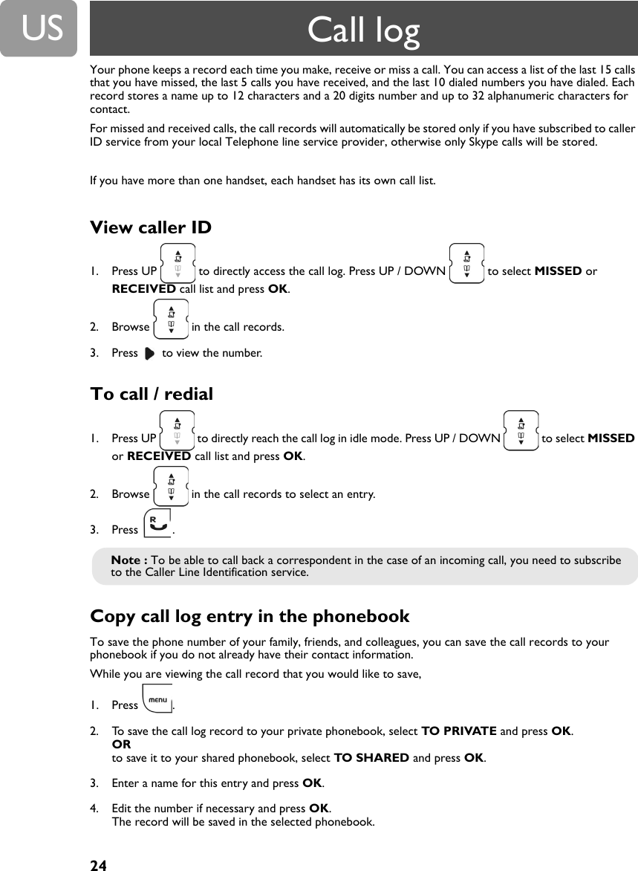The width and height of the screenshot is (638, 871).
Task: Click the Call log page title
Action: pos(363,30)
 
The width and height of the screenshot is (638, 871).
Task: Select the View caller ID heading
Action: pos(151,227)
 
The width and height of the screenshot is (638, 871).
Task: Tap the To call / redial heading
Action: pos(152,394)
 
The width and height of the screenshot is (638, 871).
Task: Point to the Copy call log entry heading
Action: pos(250,616)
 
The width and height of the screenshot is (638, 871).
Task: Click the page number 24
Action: pos(98,865)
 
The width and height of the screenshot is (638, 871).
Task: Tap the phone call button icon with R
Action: pos(157,523)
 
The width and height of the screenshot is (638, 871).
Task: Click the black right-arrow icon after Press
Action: pos(149,353)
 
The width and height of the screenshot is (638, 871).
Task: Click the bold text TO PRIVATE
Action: pos(458,731)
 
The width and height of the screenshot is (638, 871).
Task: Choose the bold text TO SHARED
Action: pos(371,758)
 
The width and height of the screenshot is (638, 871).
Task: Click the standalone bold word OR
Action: pos(121,745)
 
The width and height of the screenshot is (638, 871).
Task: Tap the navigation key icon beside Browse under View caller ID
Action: pos(171,319)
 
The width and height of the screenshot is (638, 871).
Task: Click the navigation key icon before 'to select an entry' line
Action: pos(171,486)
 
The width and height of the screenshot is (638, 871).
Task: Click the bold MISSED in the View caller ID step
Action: pos(558,271)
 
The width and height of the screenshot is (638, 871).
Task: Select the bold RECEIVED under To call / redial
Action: pos(159,456)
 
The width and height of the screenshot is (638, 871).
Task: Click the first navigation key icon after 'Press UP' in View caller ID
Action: pos(178,263)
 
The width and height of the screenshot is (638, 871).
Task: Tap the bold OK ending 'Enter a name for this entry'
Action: pos(312,783)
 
